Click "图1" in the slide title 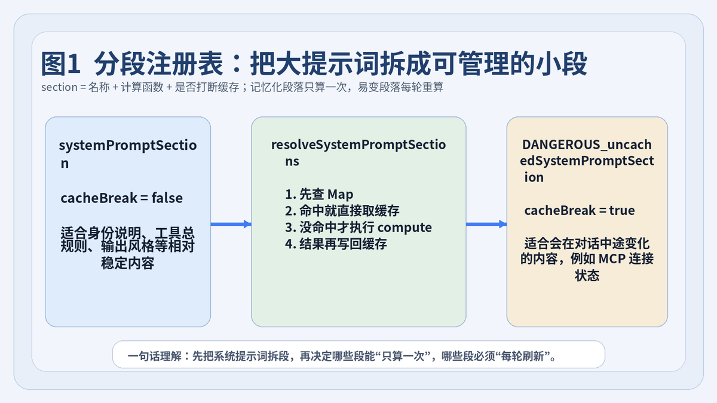pos(60,64)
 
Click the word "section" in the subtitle pos(59,87)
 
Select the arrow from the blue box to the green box pos(231,224)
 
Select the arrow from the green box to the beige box pos(486,224)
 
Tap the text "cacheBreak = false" pos(122,198)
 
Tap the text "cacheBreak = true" pos(580,210)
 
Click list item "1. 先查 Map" pos(319,194)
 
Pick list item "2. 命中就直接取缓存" pos(342,211)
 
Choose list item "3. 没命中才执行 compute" pos(358,227)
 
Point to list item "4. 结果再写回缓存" pos(336,244)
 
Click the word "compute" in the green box pos(405,228)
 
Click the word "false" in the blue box pos(167,198)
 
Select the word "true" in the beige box pos(622,210)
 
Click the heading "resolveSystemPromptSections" pos(358,153)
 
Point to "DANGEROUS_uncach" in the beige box pos(587,144)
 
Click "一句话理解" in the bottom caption pos(154,356)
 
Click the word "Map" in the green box pos(340,195)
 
